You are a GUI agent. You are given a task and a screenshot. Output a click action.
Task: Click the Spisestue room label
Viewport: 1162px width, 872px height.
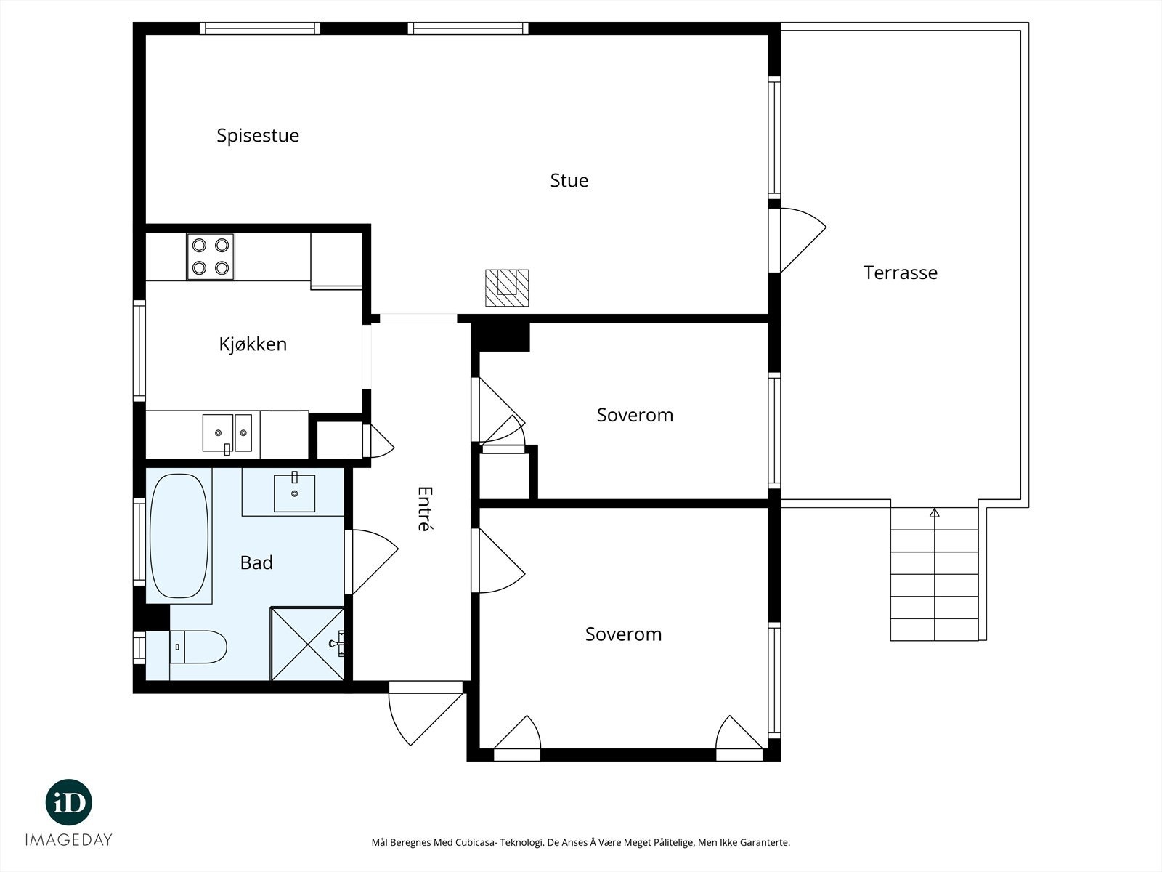258,136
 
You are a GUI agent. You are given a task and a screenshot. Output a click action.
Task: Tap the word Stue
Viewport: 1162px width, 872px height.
569,180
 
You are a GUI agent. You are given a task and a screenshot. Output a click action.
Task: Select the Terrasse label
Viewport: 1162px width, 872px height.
901,272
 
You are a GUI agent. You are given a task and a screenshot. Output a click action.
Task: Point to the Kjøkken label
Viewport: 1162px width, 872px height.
253,344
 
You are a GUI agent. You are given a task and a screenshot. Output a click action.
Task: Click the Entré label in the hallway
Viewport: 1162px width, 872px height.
425,508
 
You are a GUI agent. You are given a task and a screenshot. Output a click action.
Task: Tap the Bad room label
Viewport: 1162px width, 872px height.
256,562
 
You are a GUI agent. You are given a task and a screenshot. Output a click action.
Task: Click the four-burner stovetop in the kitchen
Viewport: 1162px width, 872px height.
210,257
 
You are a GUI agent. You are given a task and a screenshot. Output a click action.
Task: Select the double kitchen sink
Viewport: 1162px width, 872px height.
227,433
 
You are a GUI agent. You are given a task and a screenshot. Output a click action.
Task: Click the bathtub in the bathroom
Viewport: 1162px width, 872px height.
179,536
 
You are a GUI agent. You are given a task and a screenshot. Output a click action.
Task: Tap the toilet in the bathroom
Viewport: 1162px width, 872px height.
198,647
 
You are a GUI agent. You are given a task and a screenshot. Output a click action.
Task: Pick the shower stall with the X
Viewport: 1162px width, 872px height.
308,644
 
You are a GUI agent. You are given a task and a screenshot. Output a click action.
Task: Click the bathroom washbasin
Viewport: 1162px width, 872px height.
294,493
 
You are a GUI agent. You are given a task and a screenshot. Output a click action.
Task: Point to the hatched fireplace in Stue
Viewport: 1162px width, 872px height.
507,288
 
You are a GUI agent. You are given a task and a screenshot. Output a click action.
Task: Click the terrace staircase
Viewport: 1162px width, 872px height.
935,574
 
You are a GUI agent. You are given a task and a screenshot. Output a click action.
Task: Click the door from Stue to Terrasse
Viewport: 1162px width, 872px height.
797,240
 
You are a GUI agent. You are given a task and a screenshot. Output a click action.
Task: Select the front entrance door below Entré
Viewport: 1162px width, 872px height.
426,713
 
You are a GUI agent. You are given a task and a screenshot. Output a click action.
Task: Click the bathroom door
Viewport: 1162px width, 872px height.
371,562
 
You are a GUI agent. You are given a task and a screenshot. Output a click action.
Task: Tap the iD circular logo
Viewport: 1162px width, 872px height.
69,802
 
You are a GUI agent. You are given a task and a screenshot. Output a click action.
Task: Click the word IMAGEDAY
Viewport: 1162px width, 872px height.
69,840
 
